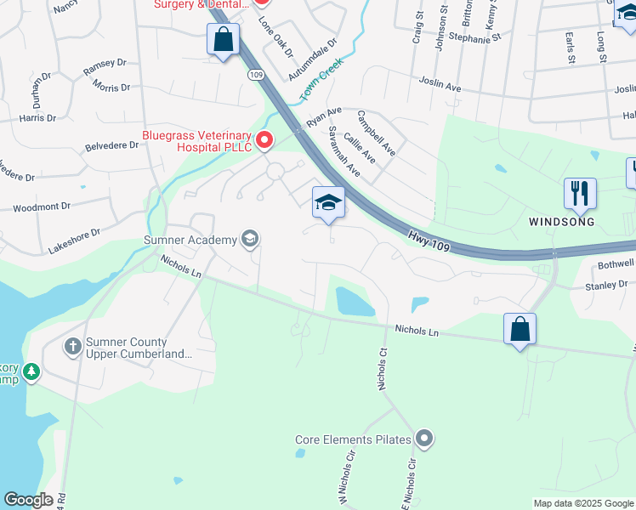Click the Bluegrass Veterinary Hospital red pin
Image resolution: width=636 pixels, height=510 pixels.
[x=265, y=139]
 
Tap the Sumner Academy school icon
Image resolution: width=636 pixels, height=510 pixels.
[x=250, y=239]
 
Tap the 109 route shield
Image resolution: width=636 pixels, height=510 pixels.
[x=257, y=76]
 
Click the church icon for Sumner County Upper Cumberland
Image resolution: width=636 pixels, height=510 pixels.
[x=72, y=346]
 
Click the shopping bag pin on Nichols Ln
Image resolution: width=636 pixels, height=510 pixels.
[x=520, y=328]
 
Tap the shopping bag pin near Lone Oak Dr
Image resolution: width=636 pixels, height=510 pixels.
[x=223, y=39]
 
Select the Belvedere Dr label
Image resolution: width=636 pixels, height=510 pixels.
[x=111, y=145]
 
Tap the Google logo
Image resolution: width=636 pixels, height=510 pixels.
[x=28, y=500]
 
